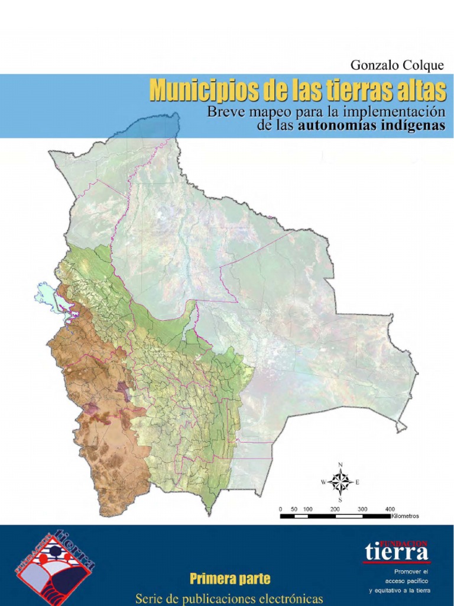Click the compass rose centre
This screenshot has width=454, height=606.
[340, 482]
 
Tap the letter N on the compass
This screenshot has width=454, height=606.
[340, 465]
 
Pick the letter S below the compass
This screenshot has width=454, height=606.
[340, 500]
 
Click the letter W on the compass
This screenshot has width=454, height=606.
[323, 482]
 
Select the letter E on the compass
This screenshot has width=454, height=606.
[358, 482]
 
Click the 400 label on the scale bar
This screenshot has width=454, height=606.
[390, 509]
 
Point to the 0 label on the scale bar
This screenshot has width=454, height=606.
[281, 509]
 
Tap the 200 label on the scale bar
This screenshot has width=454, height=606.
[335, 509]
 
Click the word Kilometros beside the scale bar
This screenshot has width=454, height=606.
[405, 516]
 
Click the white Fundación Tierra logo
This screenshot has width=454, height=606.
[396, 551]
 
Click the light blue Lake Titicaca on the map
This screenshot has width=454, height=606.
[48, 295]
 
